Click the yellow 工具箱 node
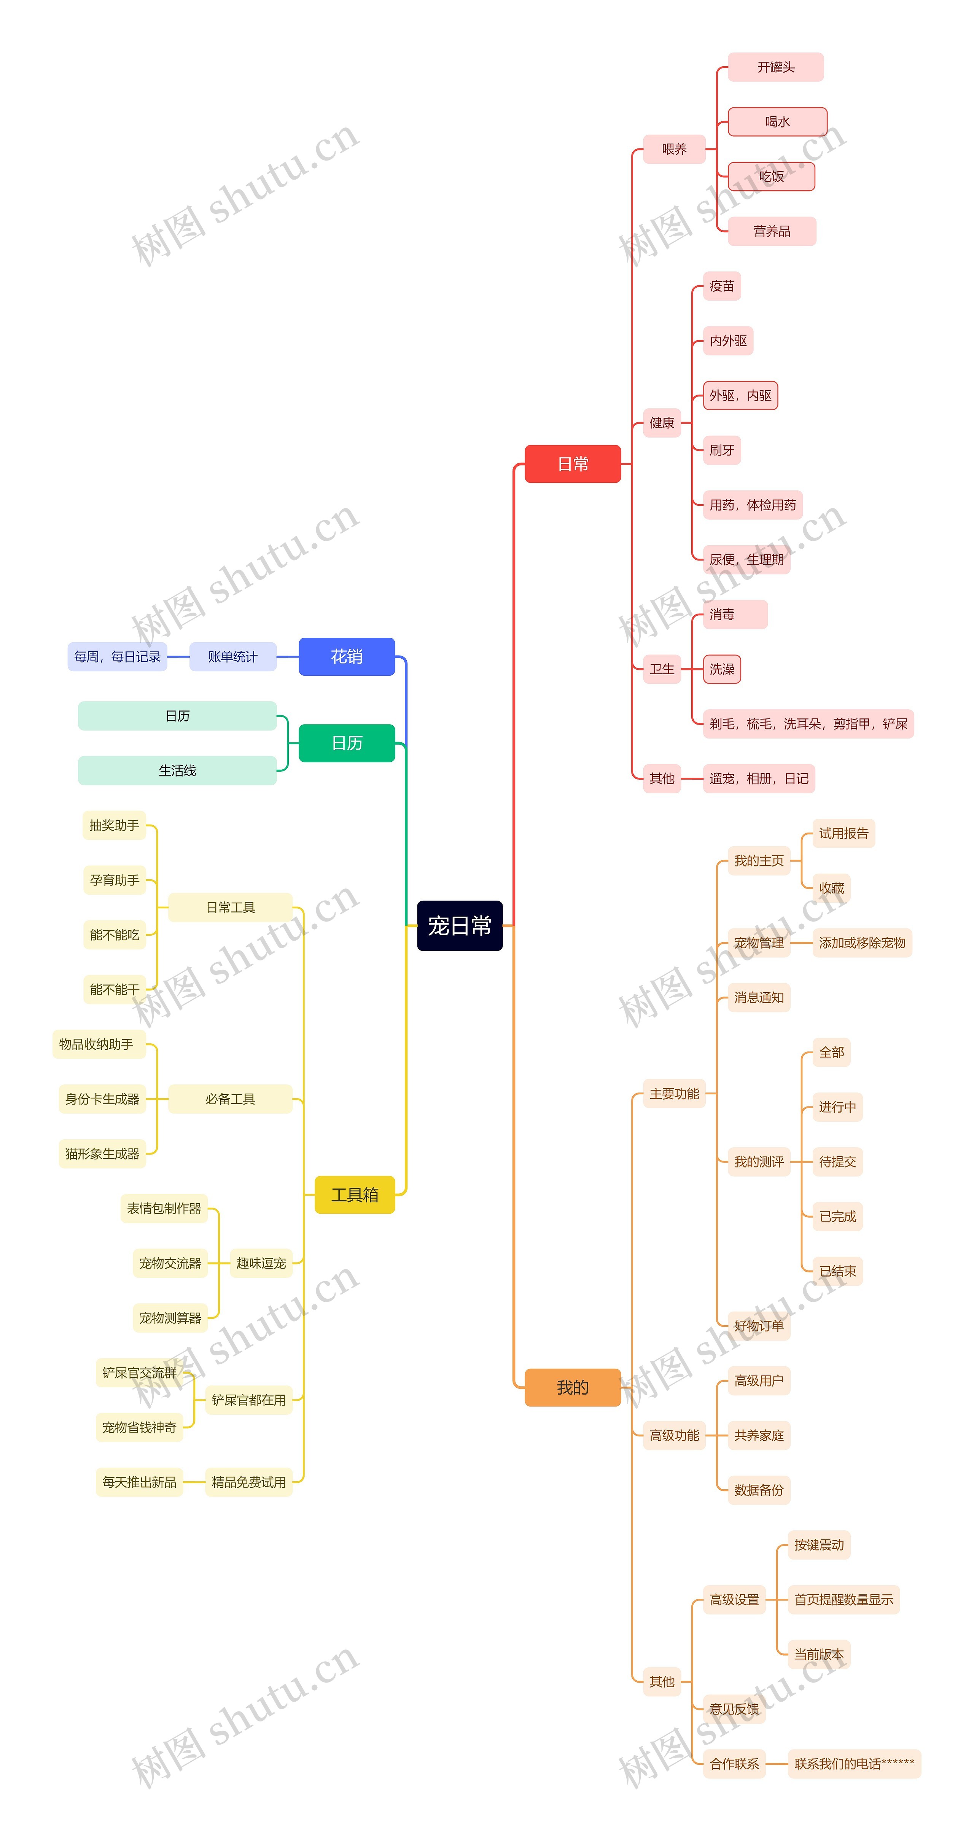click(x=354, y=1194)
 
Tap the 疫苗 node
click(x=722, y=286)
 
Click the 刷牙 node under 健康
click(x=722, y=450)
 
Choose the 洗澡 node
click(x=722, y=669)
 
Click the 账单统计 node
click(x=232, y=656)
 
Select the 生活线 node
click(x=177, y=771)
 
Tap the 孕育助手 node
click(x=115, y=880)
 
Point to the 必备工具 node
click(x=230, y=1099)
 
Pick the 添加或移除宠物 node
click(x=862, y=943)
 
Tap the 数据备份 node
click(x=759, y=1490)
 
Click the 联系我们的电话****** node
click(x=854, y=1764)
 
